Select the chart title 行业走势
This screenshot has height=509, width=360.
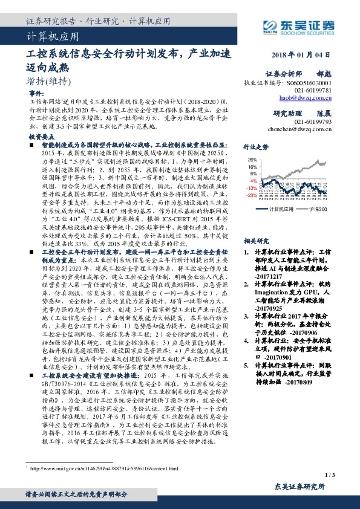[x=255, y=147]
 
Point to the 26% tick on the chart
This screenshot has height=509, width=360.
[x=253, y=160]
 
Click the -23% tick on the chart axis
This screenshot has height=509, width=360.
[x=252, y=195]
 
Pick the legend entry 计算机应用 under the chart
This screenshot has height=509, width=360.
[x=280, y=209]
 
